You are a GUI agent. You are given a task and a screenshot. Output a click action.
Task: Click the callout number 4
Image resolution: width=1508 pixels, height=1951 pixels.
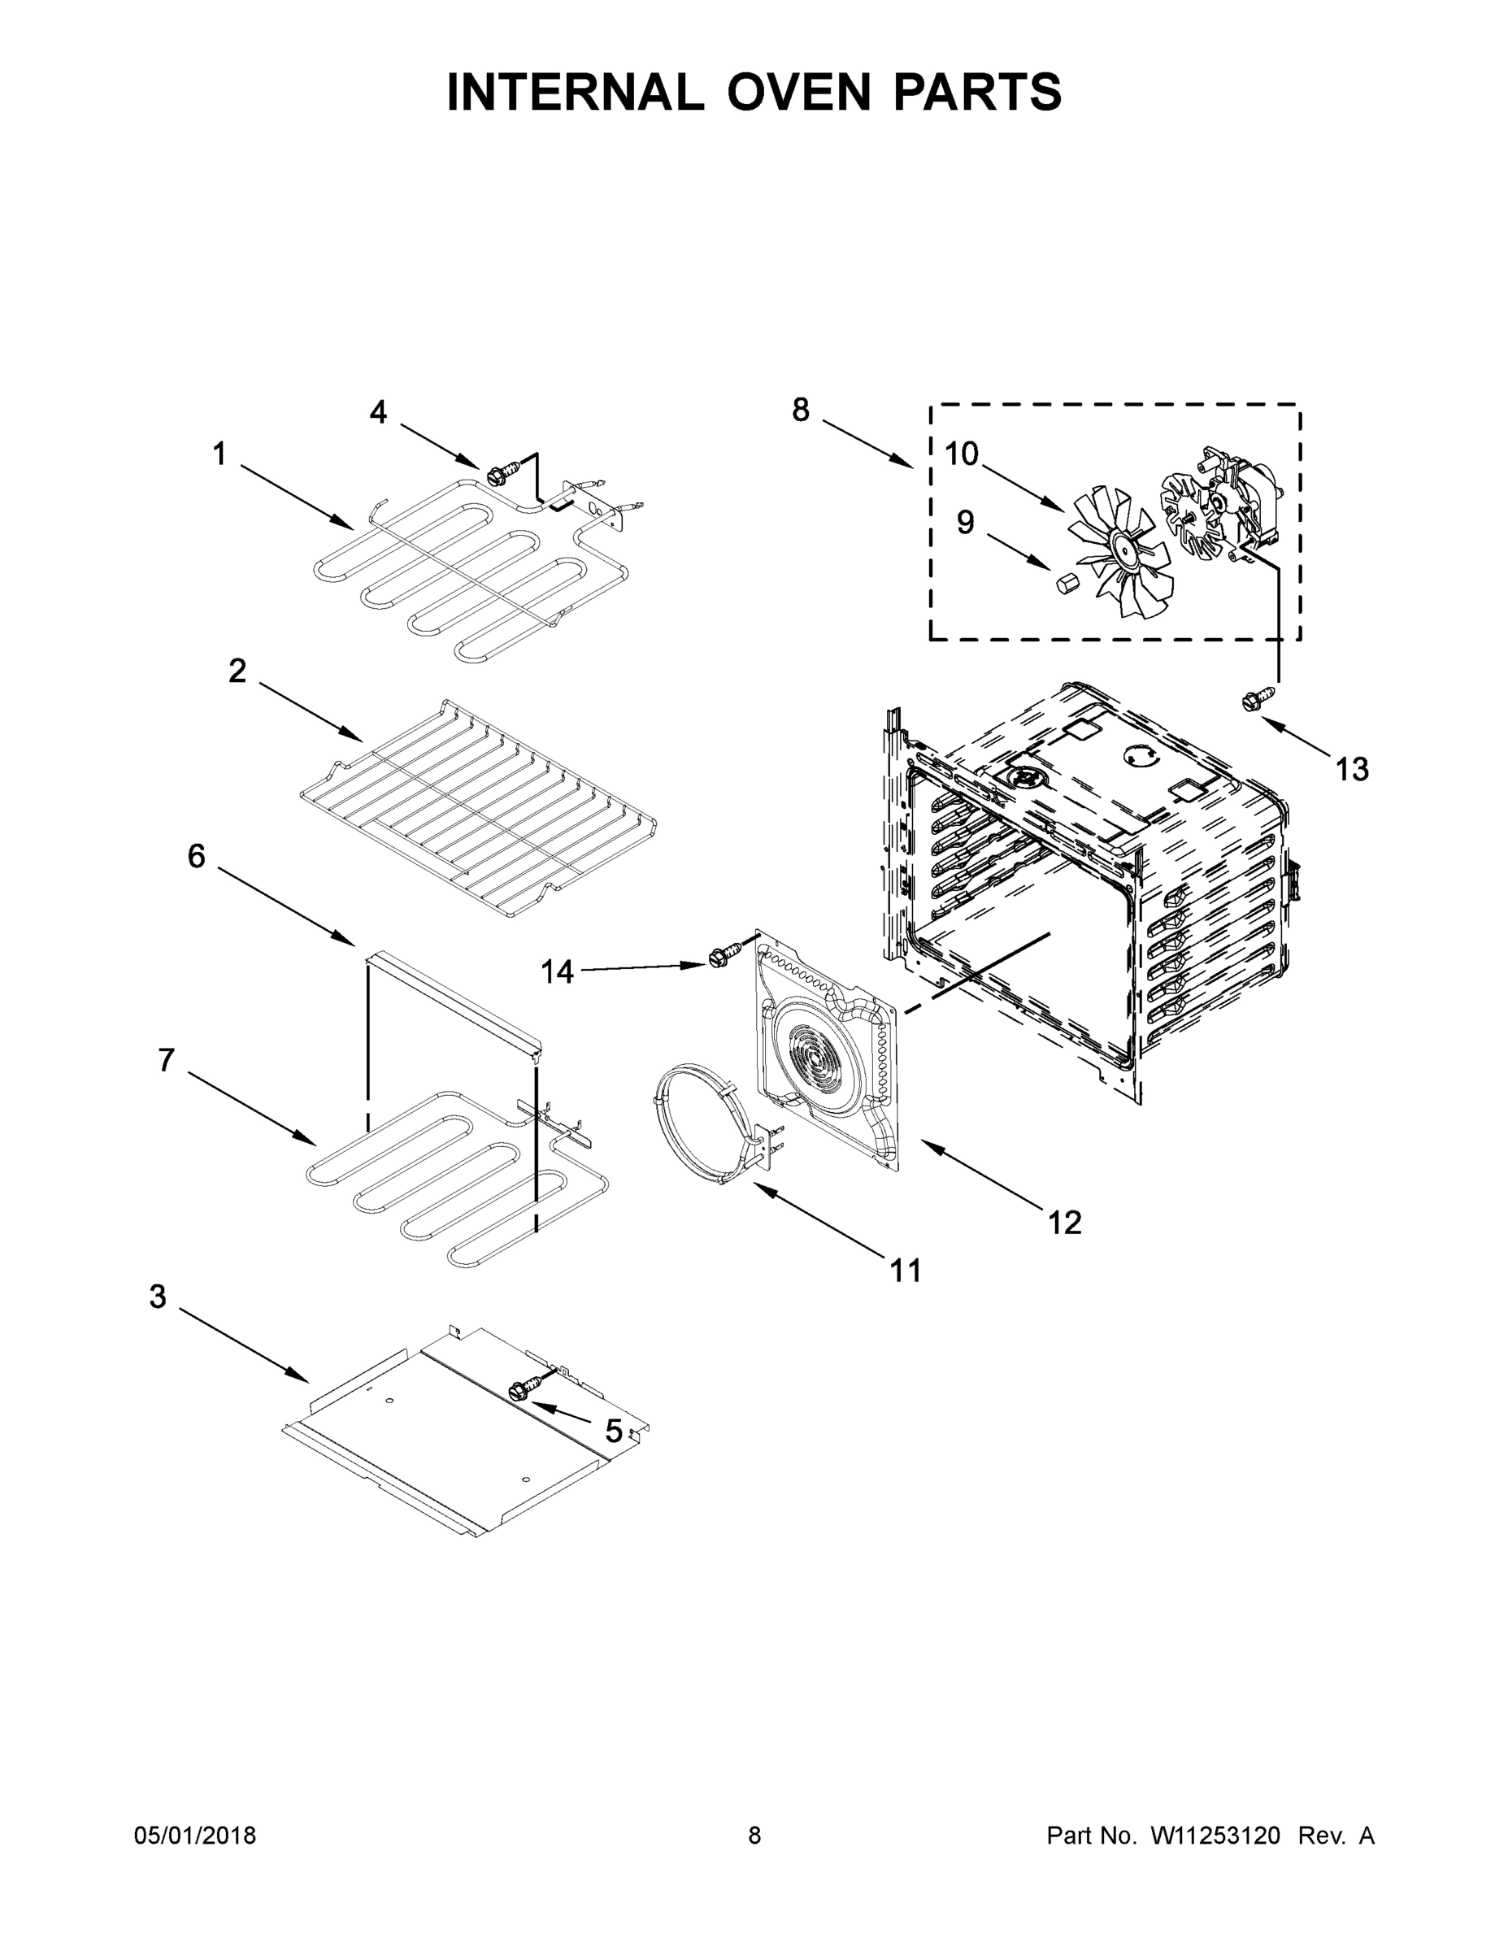tap(378, 412)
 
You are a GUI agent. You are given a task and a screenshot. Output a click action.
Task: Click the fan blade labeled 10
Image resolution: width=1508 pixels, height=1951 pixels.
tap(1123, 552)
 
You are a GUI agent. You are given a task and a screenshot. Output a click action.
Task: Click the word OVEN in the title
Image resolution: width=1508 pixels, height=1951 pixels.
tap(797, 92)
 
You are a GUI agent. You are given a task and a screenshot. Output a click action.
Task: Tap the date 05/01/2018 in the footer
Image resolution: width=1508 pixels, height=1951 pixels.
tap(195, 1836)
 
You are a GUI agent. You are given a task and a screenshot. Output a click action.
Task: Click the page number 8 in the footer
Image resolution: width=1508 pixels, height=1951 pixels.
tap(754, 1836)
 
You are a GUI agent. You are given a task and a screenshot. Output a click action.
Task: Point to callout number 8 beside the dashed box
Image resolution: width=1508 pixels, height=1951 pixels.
tap(801, 410)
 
